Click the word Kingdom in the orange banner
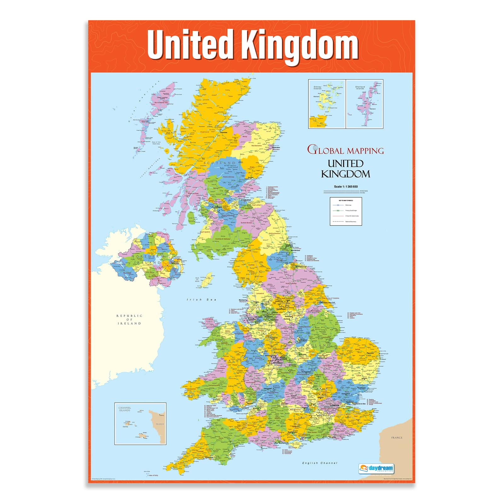click(300, 45)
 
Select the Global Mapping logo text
click(346, 150)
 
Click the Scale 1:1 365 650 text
click(346, 186)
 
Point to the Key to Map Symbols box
click(346, 211)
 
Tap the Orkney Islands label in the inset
click(318, 88)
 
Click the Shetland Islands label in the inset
click(360, 88)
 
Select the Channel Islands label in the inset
click(125, 409)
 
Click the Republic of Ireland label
click(129, 319)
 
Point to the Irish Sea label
click(202, 300)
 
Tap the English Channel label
click(319, 463)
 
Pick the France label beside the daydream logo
click(397, 438)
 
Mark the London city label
click(335, 405)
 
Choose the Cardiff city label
click(245, 408)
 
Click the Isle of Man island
click(207, 280)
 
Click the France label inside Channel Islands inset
click(160, 424)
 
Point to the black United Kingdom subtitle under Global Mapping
click(346, 169)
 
